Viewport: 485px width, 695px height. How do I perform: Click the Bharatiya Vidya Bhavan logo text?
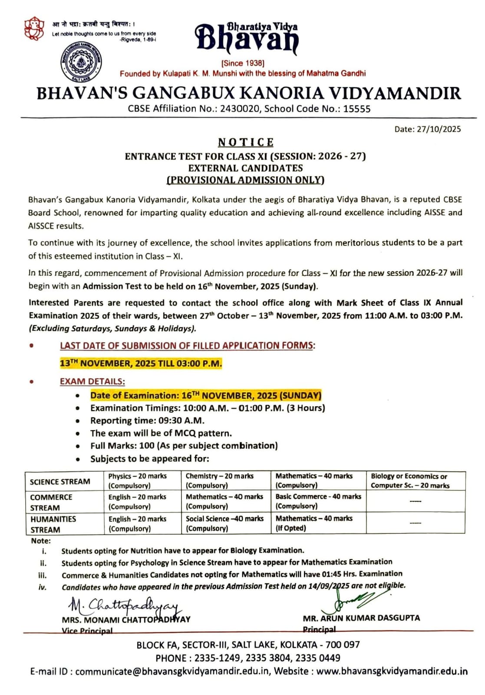point(246,38)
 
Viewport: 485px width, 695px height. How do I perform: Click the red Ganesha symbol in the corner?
point(34,29)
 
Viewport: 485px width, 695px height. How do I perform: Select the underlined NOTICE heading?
point(246,142)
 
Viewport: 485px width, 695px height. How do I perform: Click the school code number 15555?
point(357,109)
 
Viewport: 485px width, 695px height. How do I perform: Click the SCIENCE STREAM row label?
point(60,482)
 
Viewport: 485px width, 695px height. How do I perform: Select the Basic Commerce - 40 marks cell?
point(318,501)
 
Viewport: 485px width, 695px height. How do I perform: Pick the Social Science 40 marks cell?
point(224,523)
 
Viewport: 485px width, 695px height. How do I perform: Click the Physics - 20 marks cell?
point(137,480)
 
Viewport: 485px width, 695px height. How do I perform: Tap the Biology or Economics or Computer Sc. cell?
point(410,481)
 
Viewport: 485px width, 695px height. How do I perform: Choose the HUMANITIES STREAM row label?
point(53,524)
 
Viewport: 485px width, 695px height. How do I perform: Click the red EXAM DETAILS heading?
point(92,381)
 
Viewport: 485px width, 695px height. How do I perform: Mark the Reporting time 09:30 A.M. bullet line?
point(147,420)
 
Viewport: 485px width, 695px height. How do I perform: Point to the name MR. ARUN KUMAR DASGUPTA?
point(361,618)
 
